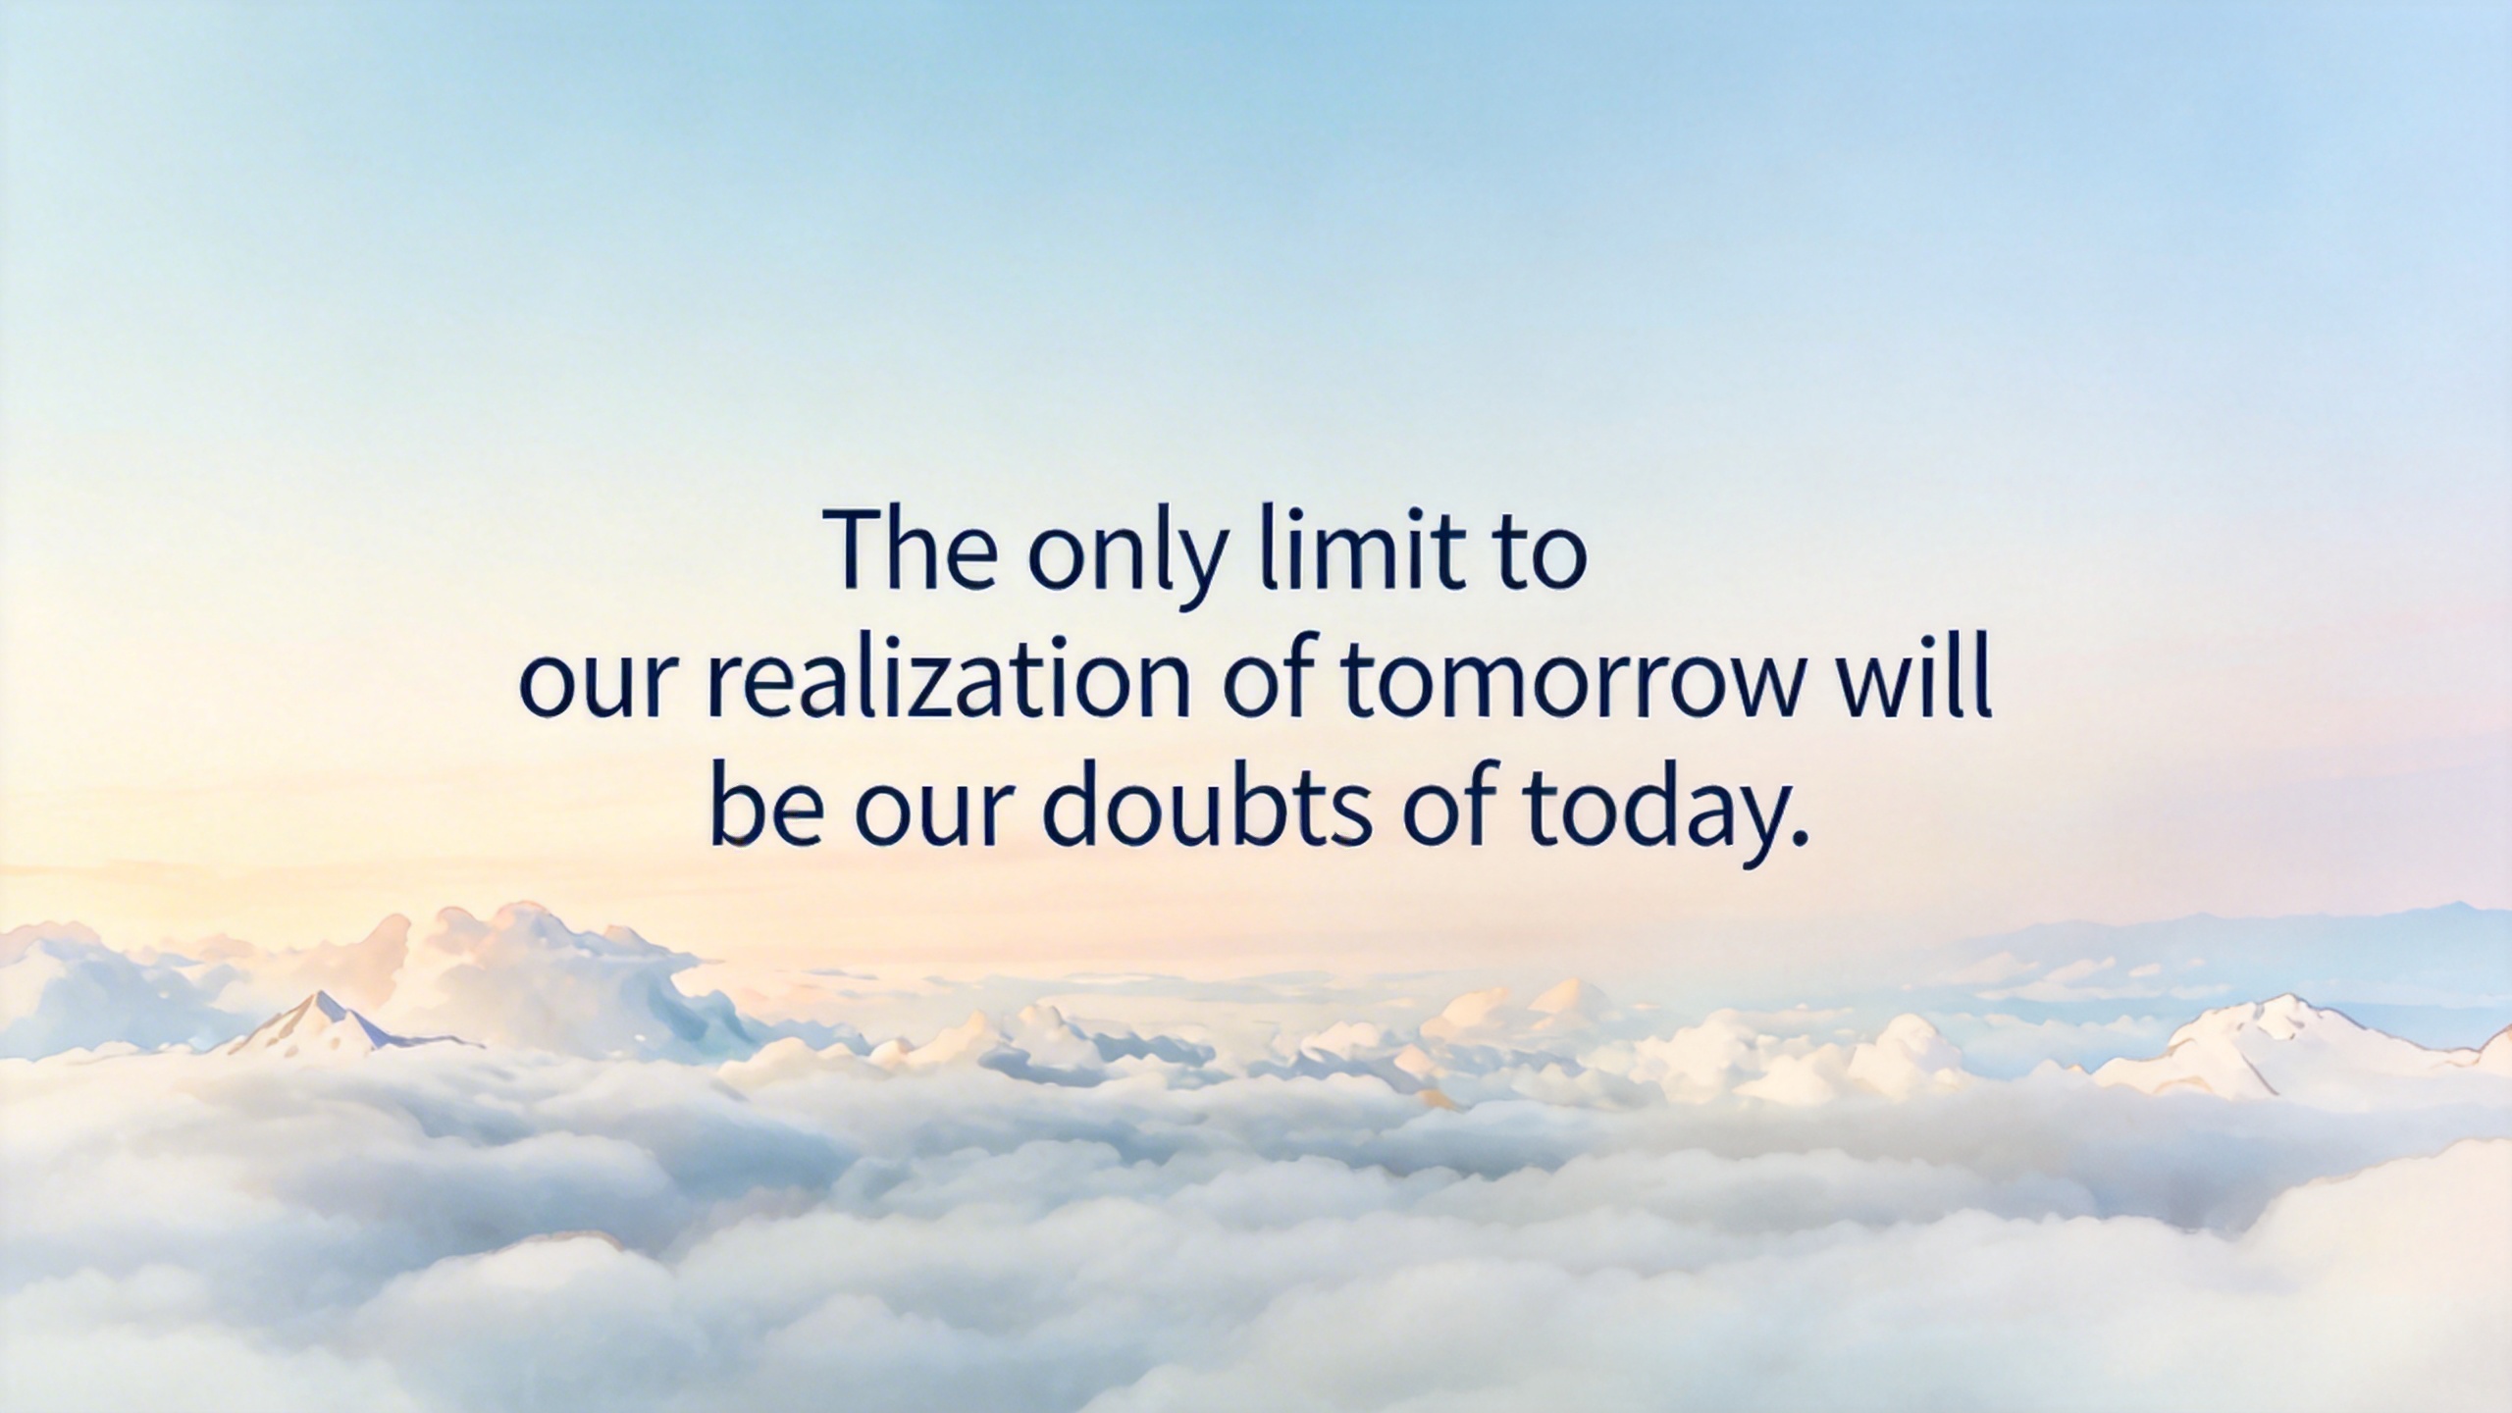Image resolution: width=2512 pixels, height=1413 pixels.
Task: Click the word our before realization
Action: coord(600,686)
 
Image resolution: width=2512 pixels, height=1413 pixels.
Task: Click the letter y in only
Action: coord(1202,570)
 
